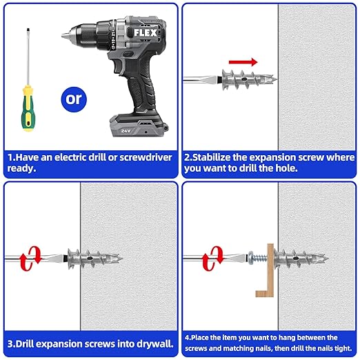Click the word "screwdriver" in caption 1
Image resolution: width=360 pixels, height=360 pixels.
142,157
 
